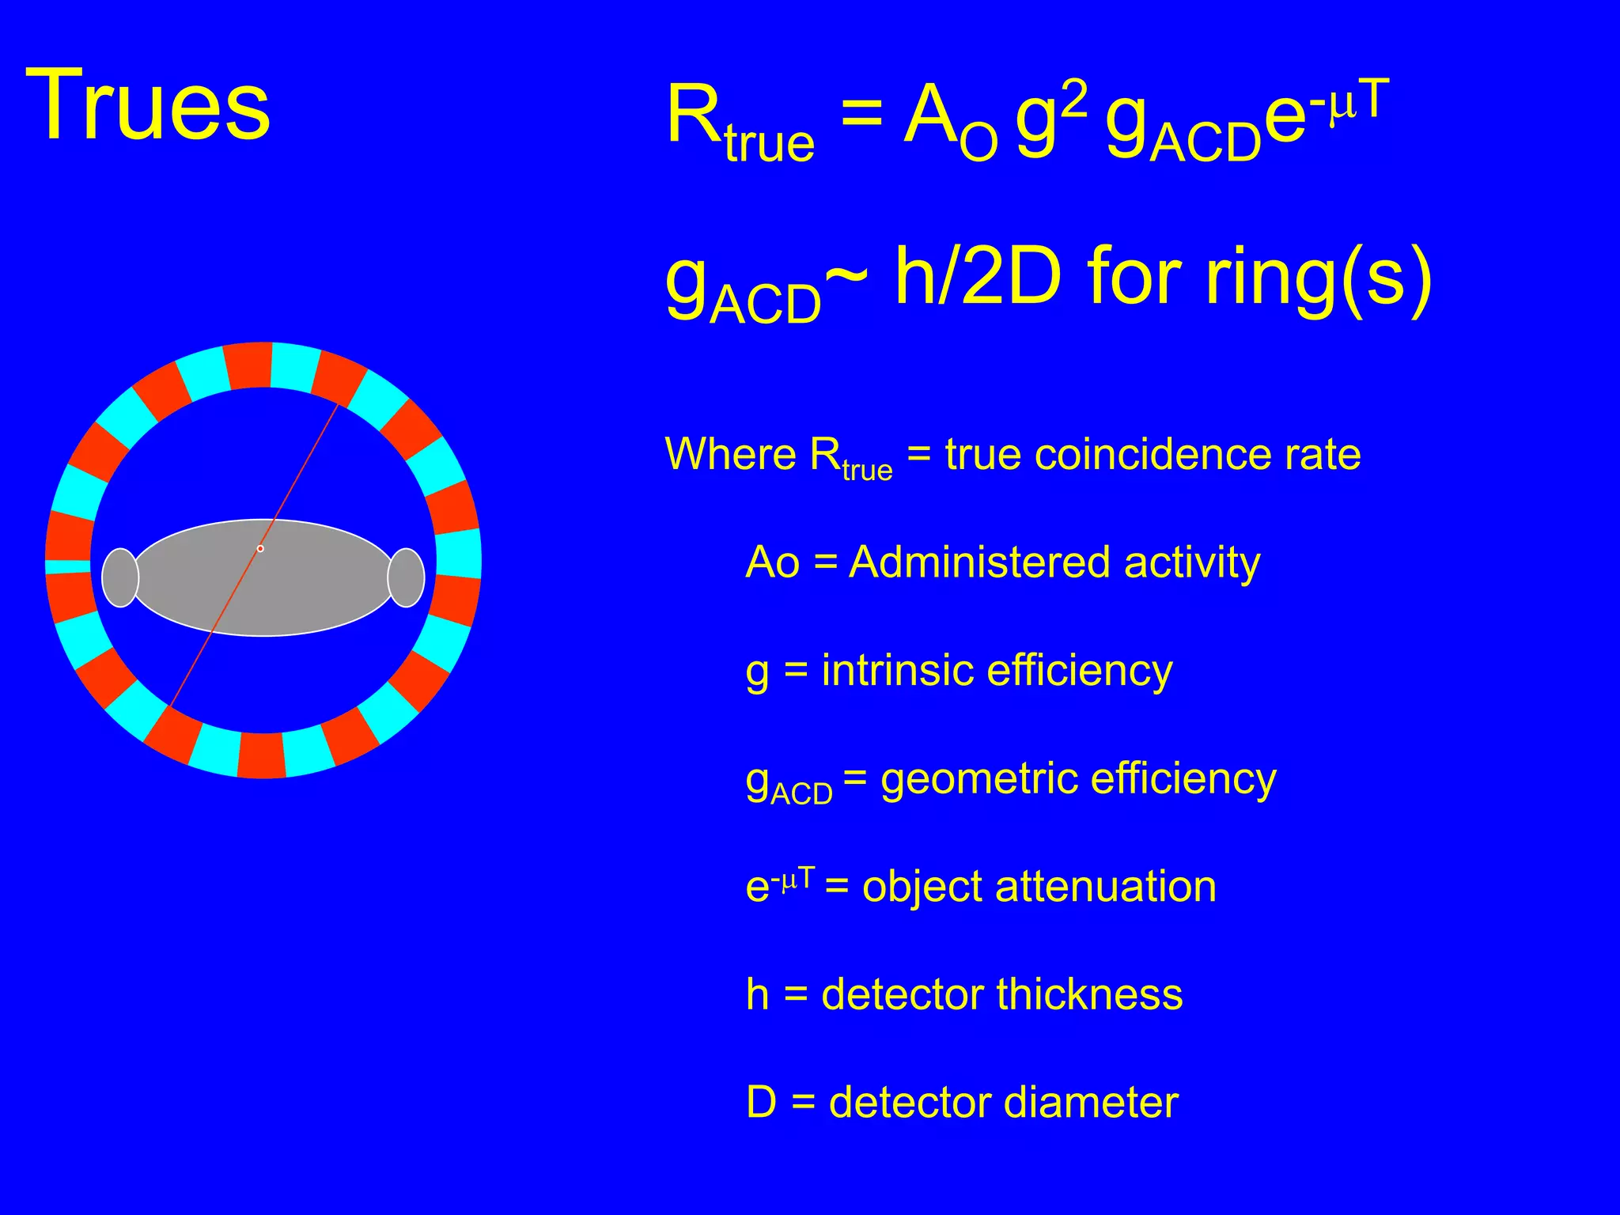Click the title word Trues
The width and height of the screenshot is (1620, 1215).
pyautogui.click(x=148, y=104)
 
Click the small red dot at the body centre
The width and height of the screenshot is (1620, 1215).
pyautogui.click(x=260, y=548)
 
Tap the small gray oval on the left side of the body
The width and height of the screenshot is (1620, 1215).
pyautogui.click(x=120, y=577)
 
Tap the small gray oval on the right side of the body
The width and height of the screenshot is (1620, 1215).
pyautogui.click(x=406, y=577)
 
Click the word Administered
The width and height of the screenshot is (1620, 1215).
pyautogui.click(x=979, y=562)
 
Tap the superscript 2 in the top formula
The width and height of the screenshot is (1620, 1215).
pyautogui.click(x=1074, y=100)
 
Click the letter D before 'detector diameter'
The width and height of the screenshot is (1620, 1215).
pyautogui.click(x=761, y=1102)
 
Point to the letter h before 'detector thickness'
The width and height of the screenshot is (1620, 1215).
pyautogui.click(x=757, y=994)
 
